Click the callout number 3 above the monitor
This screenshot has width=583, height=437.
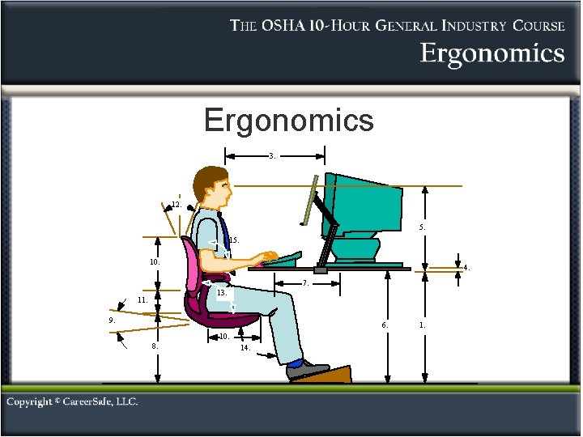pos(273,155)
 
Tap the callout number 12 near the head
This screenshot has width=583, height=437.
pos(175,205)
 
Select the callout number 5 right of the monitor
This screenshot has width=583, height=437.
pos(423,227)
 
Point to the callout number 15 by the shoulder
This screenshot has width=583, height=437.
pos(233,240)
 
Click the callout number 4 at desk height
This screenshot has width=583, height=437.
pos(466,267)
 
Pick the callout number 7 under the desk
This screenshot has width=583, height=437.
pos(305,284)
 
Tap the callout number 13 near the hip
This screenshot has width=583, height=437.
pos(221,291)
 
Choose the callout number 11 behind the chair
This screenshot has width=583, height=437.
pos(142,300)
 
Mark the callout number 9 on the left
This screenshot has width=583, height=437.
pos(113,320)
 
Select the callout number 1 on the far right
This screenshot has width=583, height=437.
pos(422,325)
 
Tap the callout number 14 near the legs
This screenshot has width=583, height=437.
pos(245,349)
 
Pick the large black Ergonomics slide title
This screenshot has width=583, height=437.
pos(289,121)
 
